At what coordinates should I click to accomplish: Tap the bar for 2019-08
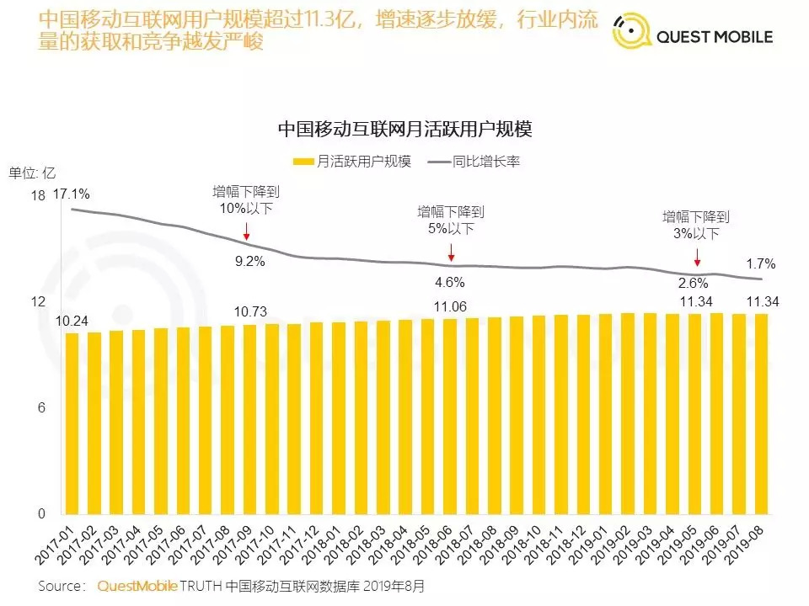tap(761, 413)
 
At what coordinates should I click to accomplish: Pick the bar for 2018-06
tap(450, 416)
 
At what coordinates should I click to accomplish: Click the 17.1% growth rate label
tap(72, 194)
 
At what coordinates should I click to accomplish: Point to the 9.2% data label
tap(249, 261)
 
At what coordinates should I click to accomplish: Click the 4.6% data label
tap(449, 282)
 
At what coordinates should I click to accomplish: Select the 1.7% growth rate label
tap(761, 263)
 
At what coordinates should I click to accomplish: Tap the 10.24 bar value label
tap(72, 320)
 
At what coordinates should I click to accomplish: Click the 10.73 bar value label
tap(250, 311)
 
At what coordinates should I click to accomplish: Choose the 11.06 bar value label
tap(450, 306)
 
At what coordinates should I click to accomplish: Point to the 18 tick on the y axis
tap(37, 195)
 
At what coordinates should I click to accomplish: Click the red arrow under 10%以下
tap(246, 231)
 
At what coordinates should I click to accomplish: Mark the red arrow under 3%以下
tap(697, 257)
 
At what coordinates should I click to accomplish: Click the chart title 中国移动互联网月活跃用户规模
tap(404, 130)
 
